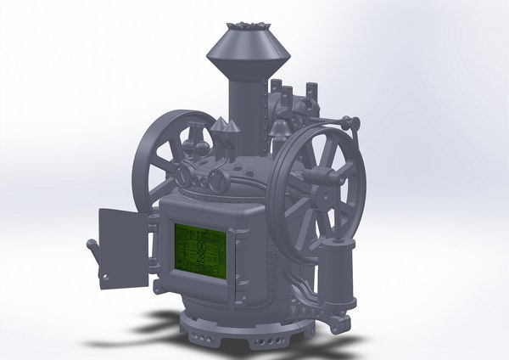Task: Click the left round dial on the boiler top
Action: coord(183,175)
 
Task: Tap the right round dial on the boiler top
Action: coord(219,179)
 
